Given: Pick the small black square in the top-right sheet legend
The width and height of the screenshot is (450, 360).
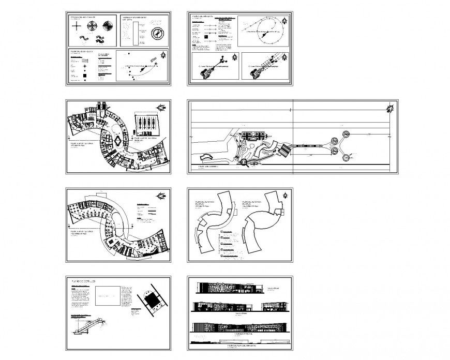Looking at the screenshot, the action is pyautogui.click(x=206, y=37).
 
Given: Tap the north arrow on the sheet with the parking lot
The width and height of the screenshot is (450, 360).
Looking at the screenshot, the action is pyautogui.click(x=162, y=107).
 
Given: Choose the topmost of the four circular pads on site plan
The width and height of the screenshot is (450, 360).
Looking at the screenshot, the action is pyautogui.click(x=346, y=134).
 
